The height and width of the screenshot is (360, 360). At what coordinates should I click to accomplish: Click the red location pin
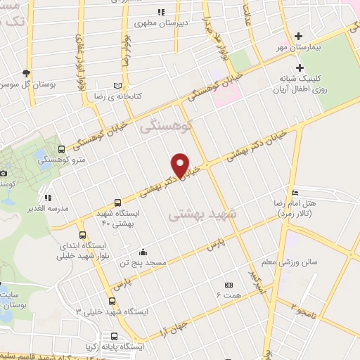coord(181,165)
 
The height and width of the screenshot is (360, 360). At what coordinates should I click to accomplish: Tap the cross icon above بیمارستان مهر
coord(299,36)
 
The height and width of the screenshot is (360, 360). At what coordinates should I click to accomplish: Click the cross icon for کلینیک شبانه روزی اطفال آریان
coord(300,68)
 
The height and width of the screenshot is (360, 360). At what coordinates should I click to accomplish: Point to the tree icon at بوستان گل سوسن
coord(27,72)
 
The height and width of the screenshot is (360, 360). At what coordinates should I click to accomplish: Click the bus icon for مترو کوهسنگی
coord(61,149)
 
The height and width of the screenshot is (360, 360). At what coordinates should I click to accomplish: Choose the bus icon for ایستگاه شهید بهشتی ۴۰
coord(118,202)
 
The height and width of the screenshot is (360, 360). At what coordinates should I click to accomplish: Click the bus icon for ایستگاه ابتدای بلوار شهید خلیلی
coord(82,236)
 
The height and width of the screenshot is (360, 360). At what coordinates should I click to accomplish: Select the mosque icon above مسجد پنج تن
coord(143,252)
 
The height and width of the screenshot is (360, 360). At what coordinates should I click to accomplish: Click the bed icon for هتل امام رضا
coord(295,193)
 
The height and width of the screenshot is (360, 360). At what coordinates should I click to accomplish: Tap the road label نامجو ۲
coord(307,305)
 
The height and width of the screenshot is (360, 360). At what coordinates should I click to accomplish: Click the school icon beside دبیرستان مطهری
coord(161,12)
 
